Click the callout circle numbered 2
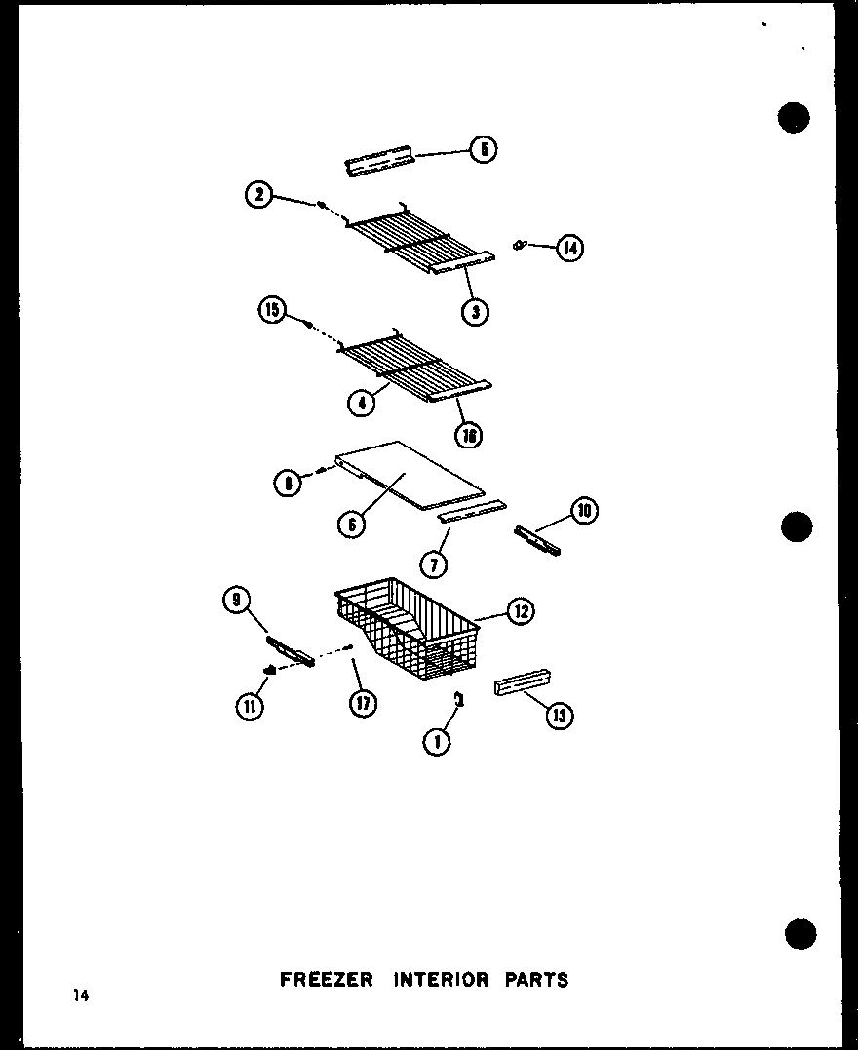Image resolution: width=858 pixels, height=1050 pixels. coord(258,195)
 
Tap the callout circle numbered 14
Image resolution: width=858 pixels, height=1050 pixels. coord(568,249)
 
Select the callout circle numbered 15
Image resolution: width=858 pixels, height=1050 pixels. coord(271,311)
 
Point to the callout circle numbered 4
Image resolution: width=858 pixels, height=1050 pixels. coord(361,402)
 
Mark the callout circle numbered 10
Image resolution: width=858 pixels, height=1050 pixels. coord(585,511)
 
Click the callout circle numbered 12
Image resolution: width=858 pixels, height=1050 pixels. coord(520,611)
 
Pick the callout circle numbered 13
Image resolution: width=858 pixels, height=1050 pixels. coord(560,717)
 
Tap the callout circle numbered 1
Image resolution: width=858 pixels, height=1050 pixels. coord(437,742)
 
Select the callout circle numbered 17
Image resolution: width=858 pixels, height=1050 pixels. coord(364,703)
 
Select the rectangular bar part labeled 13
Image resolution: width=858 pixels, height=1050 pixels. coord(523,682)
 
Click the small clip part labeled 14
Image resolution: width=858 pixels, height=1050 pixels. coord(520,245)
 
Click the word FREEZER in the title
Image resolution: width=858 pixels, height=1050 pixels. coord(326,979)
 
